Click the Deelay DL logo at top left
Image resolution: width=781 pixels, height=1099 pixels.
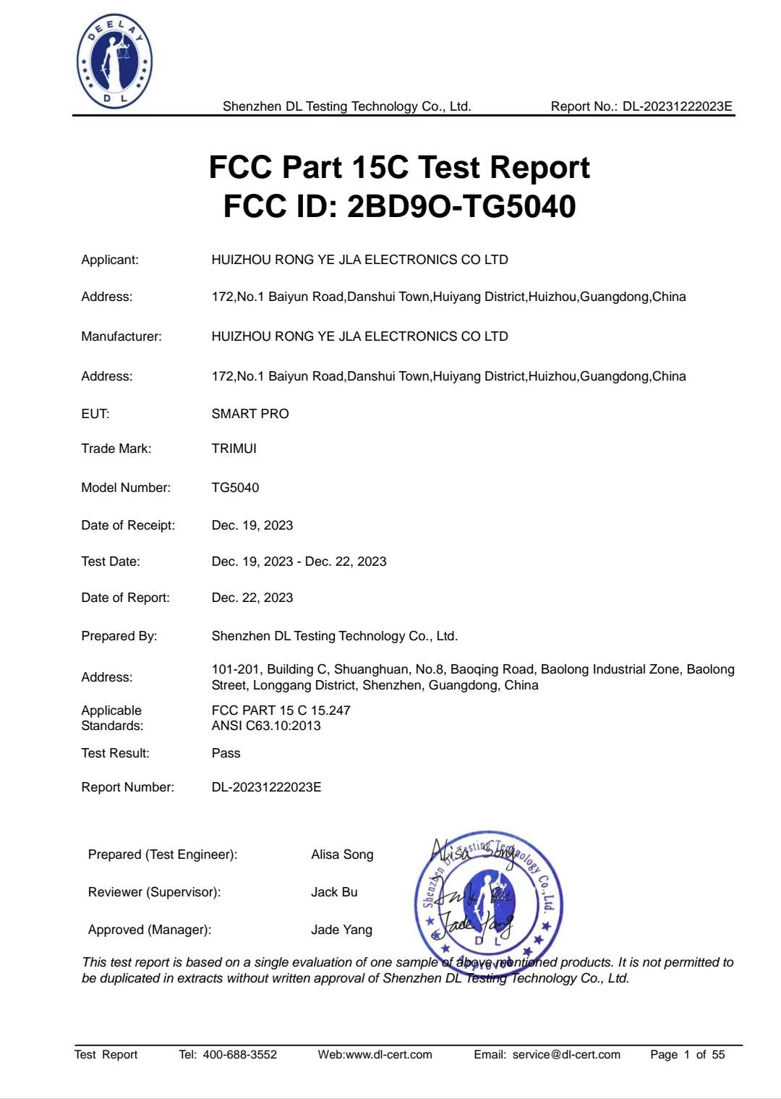tap(114, 63)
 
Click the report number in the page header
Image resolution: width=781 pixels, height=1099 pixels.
tap(678, 106)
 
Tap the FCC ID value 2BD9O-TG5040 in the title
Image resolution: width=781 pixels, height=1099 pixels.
tap(461, 206)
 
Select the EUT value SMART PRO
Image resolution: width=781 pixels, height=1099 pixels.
tap(250, 414)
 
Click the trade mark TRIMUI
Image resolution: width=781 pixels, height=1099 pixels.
tap(234, 449)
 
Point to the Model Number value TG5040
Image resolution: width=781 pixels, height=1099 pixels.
tap(235, 488)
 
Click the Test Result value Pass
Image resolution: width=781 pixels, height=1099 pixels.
tap(226, 753)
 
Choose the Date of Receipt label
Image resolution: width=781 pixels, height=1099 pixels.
tap(128, 525)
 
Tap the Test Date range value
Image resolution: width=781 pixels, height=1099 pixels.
tap(299, 561)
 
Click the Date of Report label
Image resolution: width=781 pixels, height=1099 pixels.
tap(125, 598)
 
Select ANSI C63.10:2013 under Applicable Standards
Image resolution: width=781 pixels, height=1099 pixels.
tap(266, 726)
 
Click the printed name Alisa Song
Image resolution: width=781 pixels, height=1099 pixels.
tap(342, 854)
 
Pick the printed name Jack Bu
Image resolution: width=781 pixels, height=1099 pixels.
tap(334, 892)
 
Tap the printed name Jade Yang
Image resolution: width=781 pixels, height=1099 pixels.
tap(341, 930)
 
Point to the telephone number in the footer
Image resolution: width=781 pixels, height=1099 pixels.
tap(239, 1054)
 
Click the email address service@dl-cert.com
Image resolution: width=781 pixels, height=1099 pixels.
tap(566, 1054)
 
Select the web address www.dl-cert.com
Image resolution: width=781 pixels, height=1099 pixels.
tap(389, 1054)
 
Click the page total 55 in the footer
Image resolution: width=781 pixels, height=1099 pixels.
tap(718, 1054)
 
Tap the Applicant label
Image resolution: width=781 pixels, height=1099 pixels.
tap(110, 260)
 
